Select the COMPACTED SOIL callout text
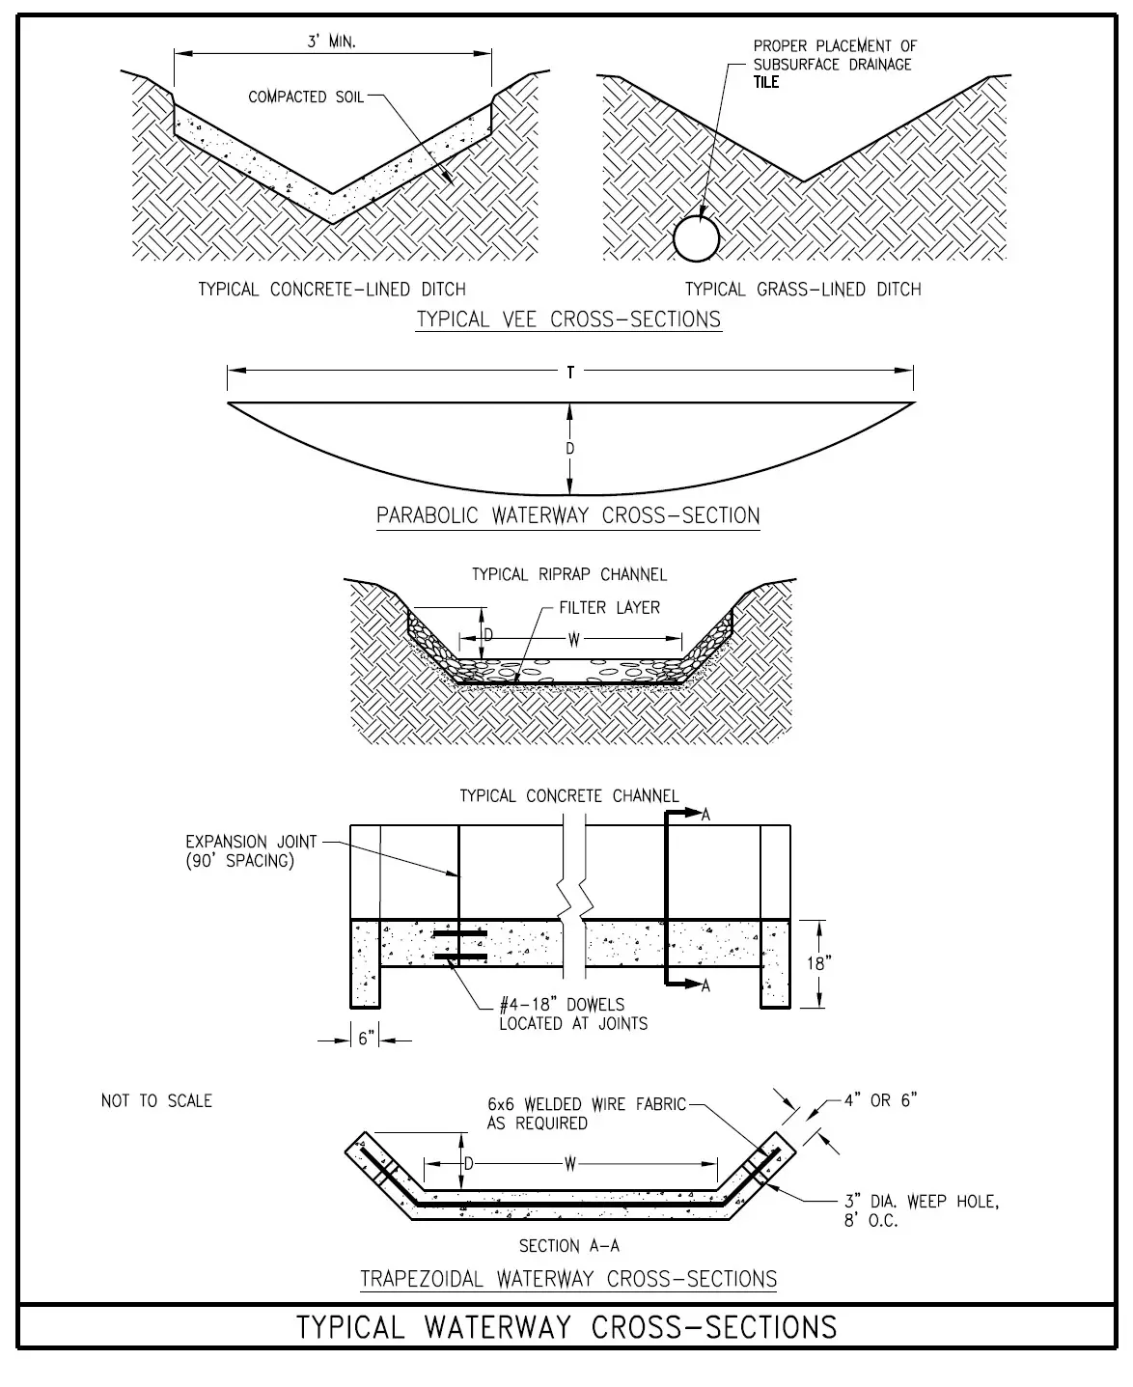[x=306, y=97]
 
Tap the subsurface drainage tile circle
[x=697, y=237]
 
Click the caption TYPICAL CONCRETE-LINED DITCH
[x=332, y=290]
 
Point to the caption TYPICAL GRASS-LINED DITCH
[x=803, y=290]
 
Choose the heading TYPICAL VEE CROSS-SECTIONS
[x=568, y=319]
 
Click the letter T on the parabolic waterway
[x=570, y=373]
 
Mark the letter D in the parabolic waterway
[x=570, y=449]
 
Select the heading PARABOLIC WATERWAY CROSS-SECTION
[x=567, y=515]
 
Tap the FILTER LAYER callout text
[x=610, y=608]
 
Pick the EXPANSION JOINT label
[x=251, y=842]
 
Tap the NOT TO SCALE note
[x=156, y=1100]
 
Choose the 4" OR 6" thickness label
[x=880, y=1100]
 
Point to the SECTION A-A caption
[x=568, y=1246]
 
